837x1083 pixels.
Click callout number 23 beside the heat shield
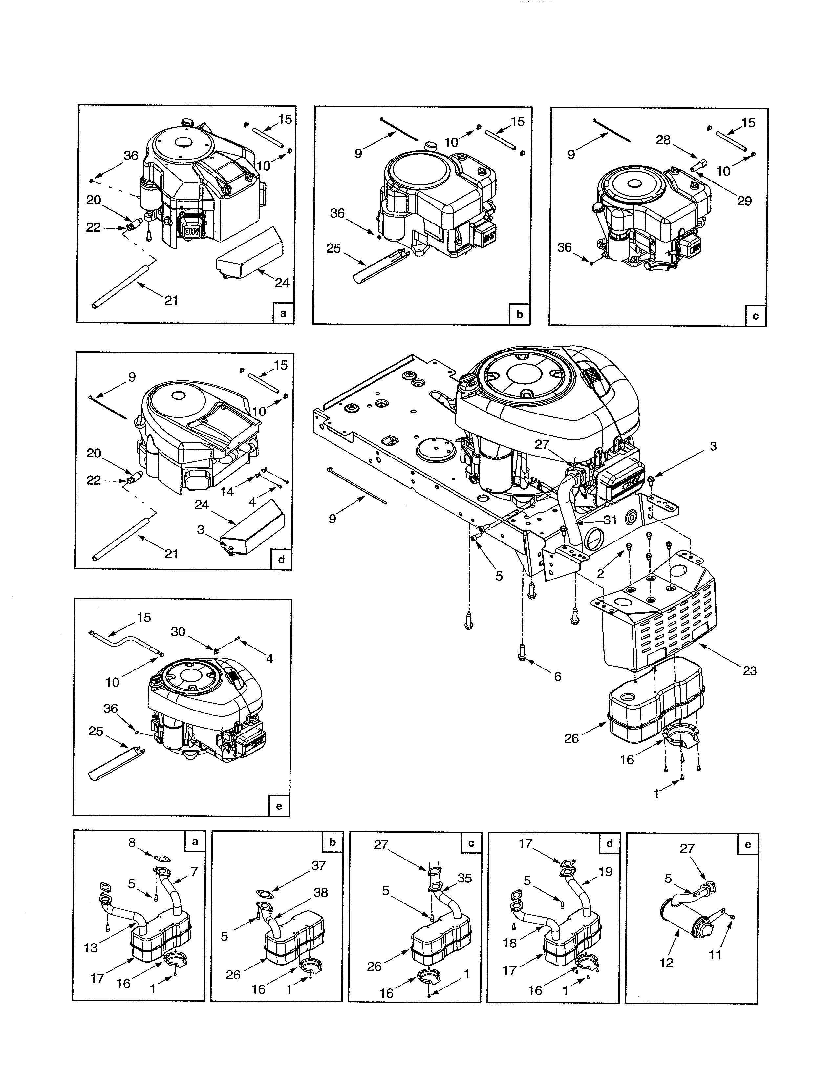(x=750, y=671)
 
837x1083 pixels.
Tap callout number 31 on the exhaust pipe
(x=610, y=520)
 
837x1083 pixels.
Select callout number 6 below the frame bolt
(x=557, y=677)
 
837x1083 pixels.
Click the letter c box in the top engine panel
(x=755, y=315)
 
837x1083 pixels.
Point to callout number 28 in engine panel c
(x=663, y=140)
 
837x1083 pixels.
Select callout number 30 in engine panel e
(x=178, y=632)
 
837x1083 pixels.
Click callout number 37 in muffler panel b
(x=318, y=865)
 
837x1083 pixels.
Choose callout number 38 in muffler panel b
(x=321, y=893)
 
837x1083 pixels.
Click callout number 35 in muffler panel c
(x=464, y=878)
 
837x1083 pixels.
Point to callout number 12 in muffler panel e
(x=666, y=963)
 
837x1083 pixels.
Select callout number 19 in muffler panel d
(x=606, y=871)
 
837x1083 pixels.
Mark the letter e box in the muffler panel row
(x=747, y=844)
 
